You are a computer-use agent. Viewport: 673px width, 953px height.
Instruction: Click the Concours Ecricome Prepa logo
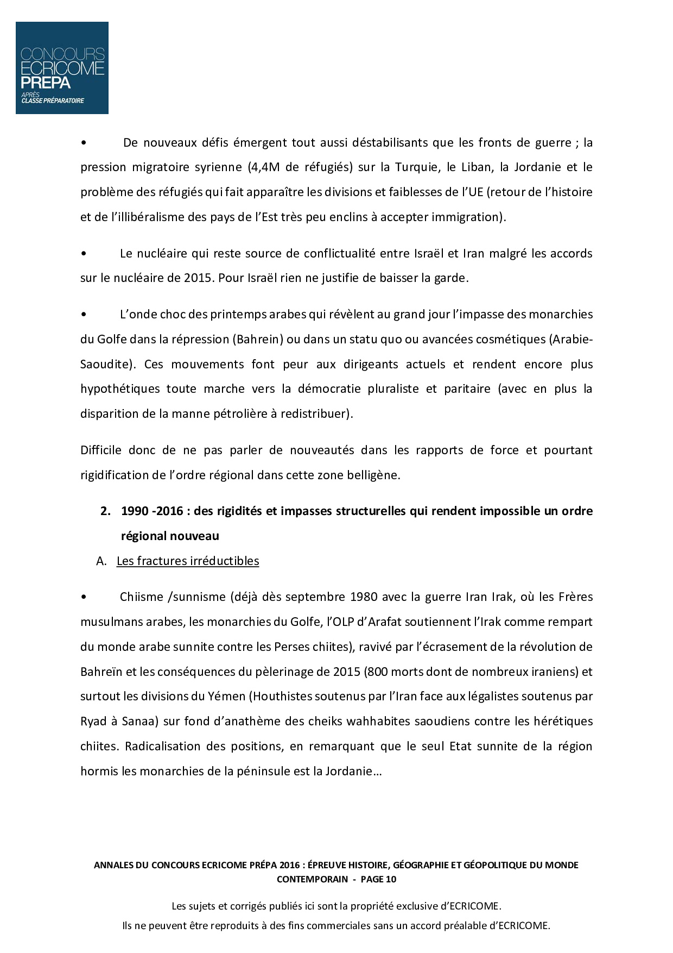click(x=62, y=68)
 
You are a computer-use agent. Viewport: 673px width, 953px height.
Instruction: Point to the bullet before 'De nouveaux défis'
click(x=83, y=142)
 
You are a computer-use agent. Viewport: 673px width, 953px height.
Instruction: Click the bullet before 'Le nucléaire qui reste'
click(x=83, y=253)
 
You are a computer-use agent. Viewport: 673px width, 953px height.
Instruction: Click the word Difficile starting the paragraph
click(x=100, y=450)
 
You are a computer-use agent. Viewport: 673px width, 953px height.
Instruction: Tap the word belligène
click(x=374, y=475)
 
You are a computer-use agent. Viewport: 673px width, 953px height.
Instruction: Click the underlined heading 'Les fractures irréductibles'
click(x=188, y=561)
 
